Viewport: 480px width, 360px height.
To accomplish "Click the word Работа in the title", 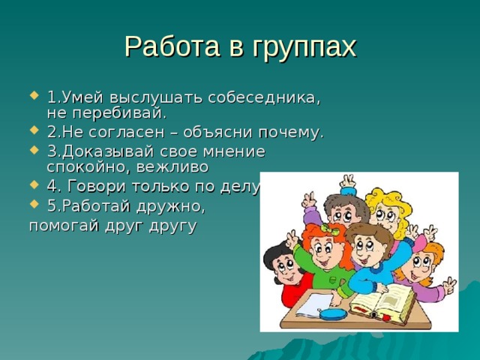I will (169, 46).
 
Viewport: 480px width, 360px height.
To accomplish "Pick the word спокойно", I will (85, 166).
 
